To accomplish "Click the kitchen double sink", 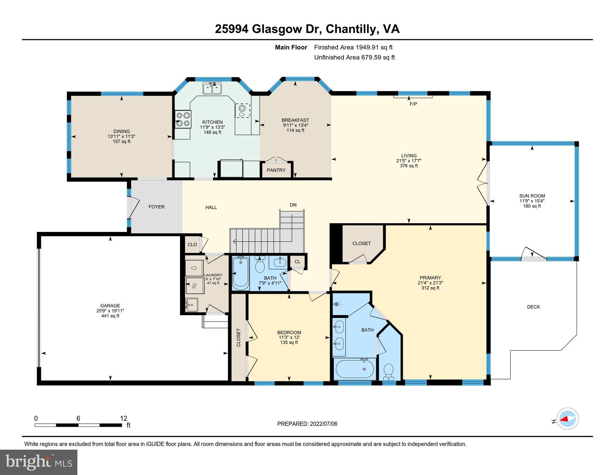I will pos(212,88).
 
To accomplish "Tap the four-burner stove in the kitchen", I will pos(183,119).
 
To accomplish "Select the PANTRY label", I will pos(276,170).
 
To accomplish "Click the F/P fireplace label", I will pos(413,104).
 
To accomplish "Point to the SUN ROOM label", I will pos(532,196).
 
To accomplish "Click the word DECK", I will pos(533,307).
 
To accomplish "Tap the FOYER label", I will pos(156,207).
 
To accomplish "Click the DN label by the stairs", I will pos(293,205).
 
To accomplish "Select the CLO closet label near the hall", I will pos(192,244).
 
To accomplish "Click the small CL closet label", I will pos(297,262).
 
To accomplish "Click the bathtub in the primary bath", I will pos(354,369).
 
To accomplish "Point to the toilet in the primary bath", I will pos(388,372).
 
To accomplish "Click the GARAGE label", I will pos(110,306).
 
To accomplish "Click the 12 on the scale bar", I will pos(123,418).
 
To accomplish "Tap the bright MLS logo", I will pos(39,462).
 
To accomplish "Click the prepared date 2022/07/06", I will pos(323,424).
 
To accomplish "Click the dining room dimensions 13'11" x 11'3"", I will pos(121,136).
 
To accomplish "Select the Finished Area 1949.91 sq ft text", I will pos(353,47).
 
